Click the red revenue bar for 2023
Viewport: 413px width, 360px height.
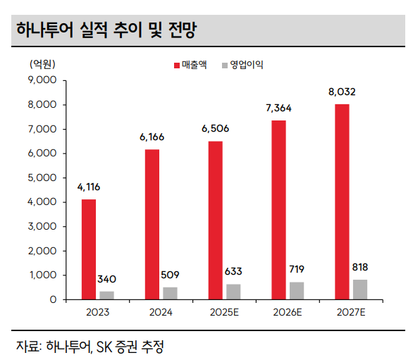pyautogui.click(x=88, y=249)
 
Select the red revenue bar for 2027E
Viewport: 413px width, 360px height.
pyautogui.click(x=342, y=201)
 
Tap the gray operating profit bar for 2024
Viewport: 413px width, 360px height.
pyautogui.click(x=171, y=293)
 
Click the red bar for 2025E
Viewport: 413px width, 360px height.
pyautogui.click(x=215, y=220)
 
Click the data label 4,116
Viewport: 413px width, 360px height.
pyautogui.click(x=89, y=187)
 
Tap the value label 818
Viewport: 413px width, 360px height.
pyautogui.click(x=359, y=267)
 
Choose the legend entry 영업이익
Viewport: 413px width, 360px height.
pyautogui.click(x=246, y=65)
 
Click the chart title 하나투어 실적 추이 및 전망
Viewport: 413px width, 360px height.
pyautogui.click(x=105, y=30)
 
